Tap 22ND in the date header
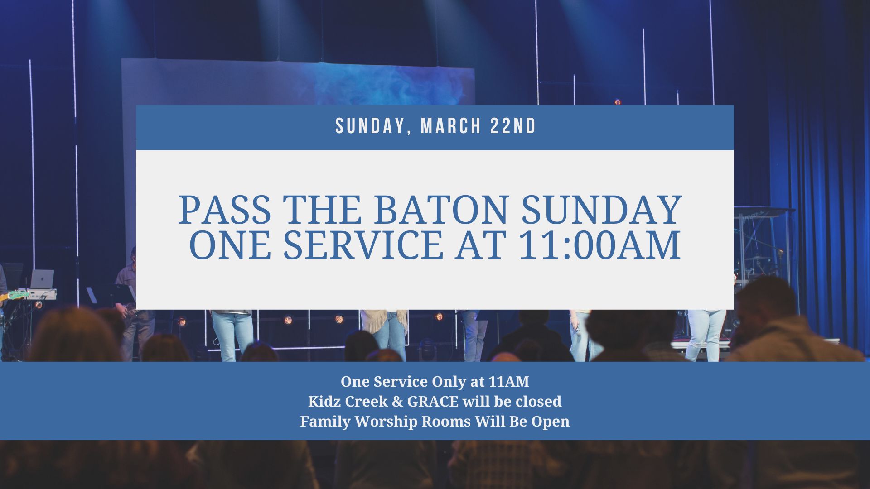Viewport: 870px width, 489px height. coord(513,126)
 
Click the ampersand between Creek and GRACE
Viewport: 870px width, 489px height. coord(397,402)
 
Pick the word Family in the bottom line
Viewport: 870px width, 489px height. coord(325,422)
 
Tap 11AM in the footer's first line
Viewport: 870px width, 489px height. coord(509,382)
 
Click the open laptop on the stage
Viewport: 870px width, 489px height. coord(42,279)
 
